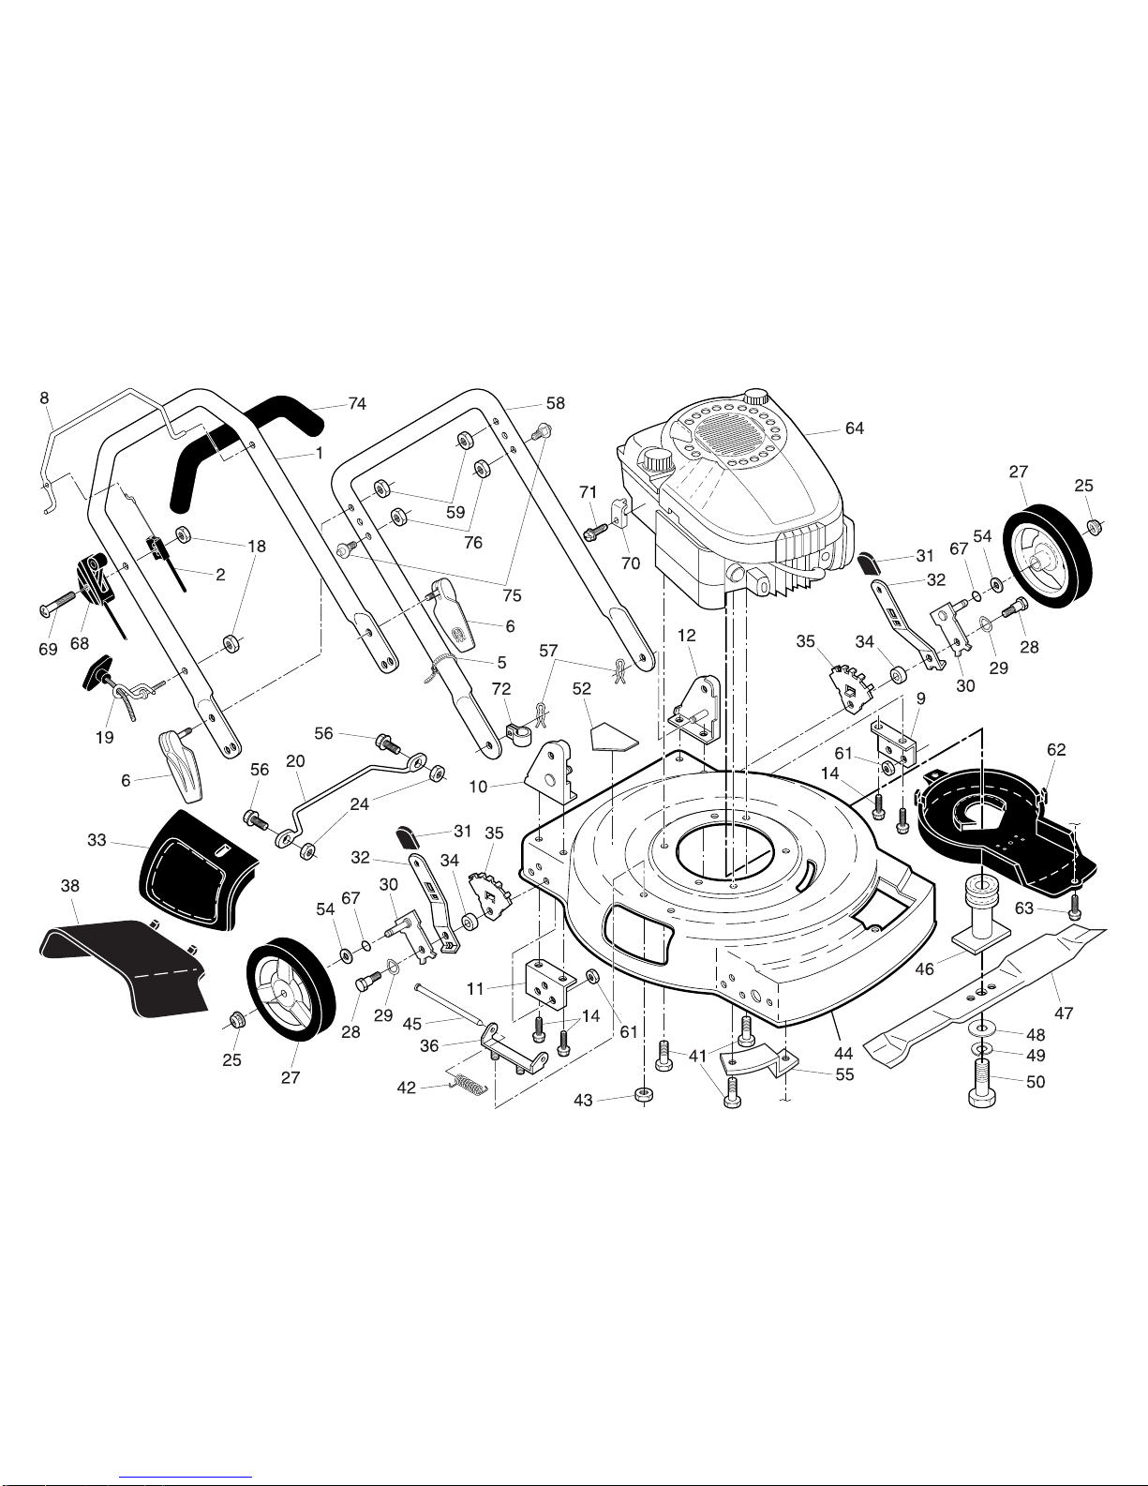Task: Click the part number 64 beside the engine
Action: point(855,428)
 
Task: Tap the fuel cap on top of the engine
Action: point(755,396)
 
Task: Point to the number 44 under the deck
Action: point(843,1055)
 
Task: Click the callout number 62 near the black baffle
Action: point(1056,749)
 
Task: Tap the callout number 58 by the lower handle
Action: point(556,403)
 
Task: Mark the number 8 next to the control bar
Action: point(44,398)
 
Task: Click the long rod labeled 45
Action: point(451,1003)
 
